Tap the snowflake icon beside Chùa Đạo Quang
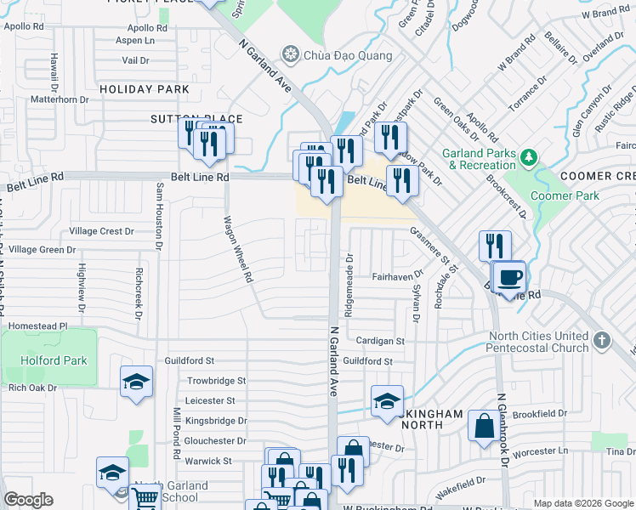pyautogui.click(x=291, y=56)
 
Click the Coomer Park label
pyautogui.click(x=565, y=195)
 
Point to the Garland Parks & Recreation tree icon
pyautogui.click(x=528, y=157)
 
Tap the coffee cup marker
pyautogui.click(x=510, y=277)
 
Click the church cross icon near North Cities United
pyautogui.click(x=601, y=340)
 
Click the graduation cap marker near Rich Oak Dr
pyautogui.click(x=135, y=382)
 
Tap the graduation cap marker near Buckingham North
pyautogui.click(x=387, y=400)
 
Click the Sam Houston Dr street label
pyautogui.click(x=158, y=218)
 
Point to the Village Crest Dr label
pyautogui.click(x=102, y=231)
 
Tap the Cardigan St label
pyautogui.click(x=380, y=341)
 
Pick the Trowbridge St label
pyautogui.click(x=216, y=381)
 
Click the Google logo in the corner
pyautogui.click(x=29, y=500)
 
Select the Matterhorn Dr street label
pyautogui.click(x=60, y=99)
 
